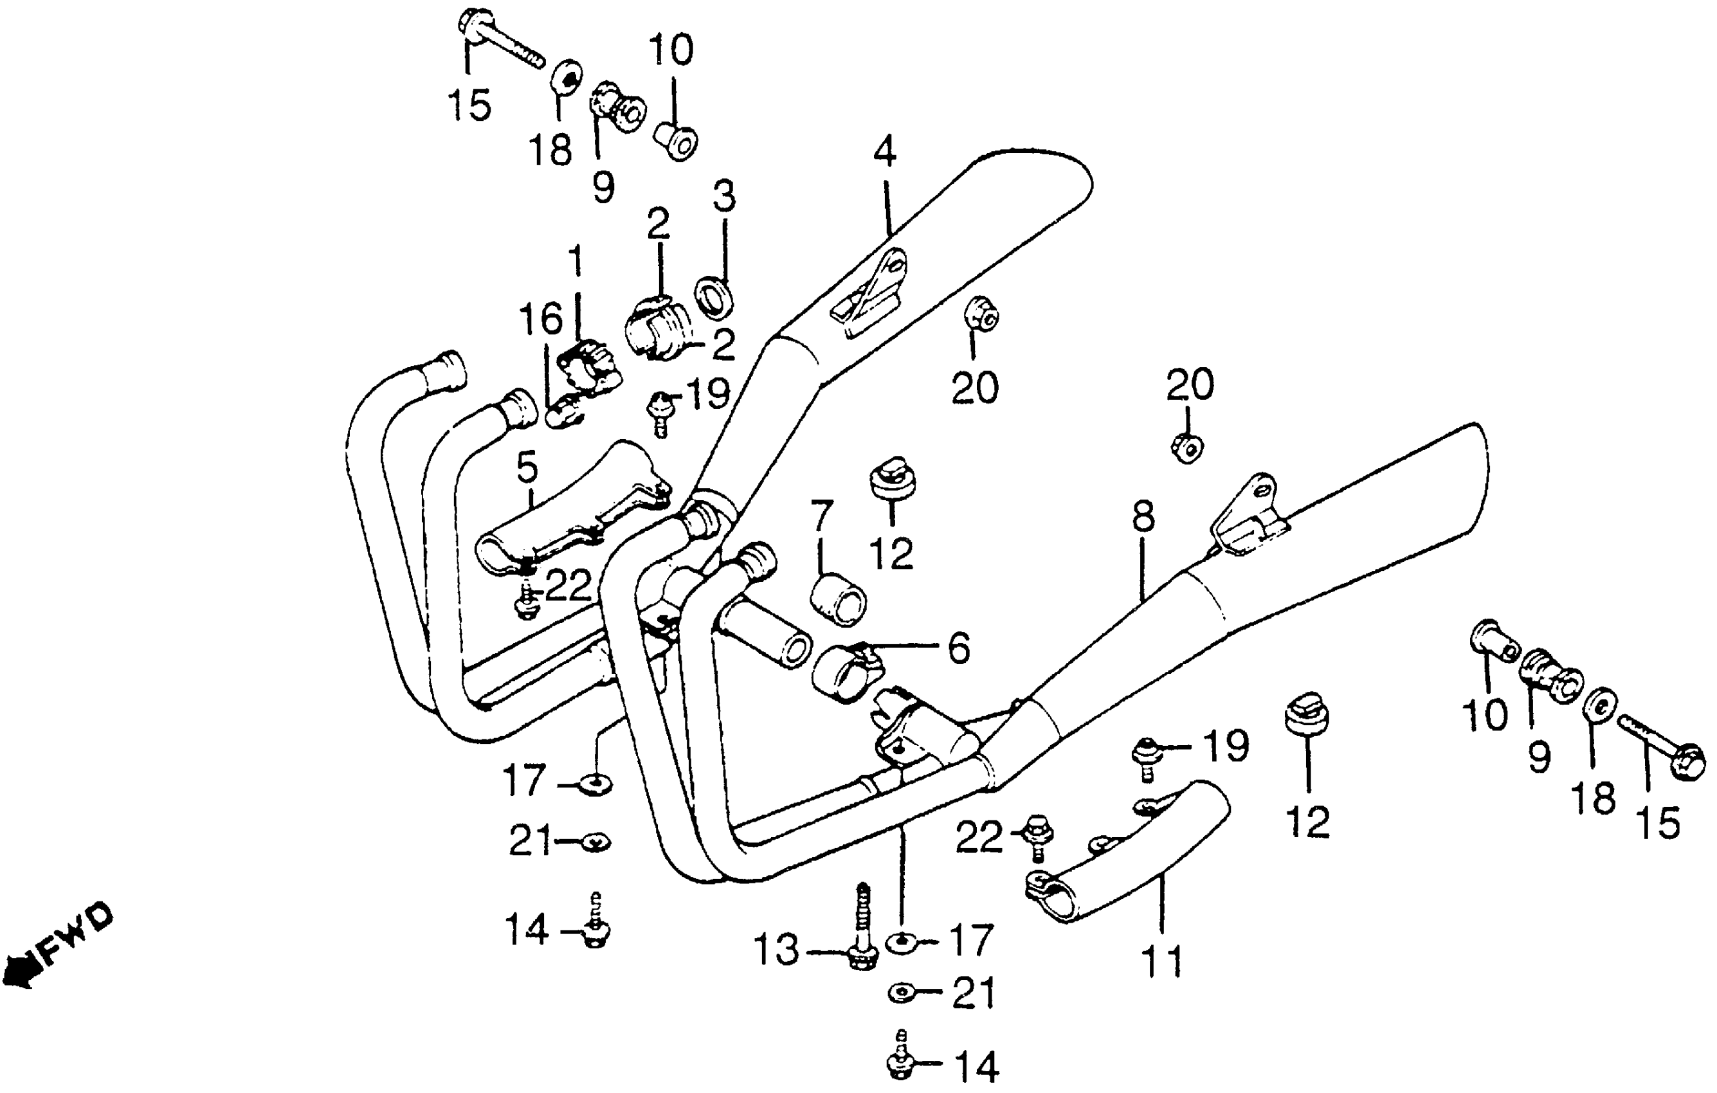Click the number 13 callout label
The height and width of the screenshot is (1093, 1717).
776,950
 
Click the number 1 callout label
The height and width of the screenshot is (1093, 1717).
575,263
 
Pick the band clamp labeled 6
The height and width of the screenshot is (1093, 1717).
846,671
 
